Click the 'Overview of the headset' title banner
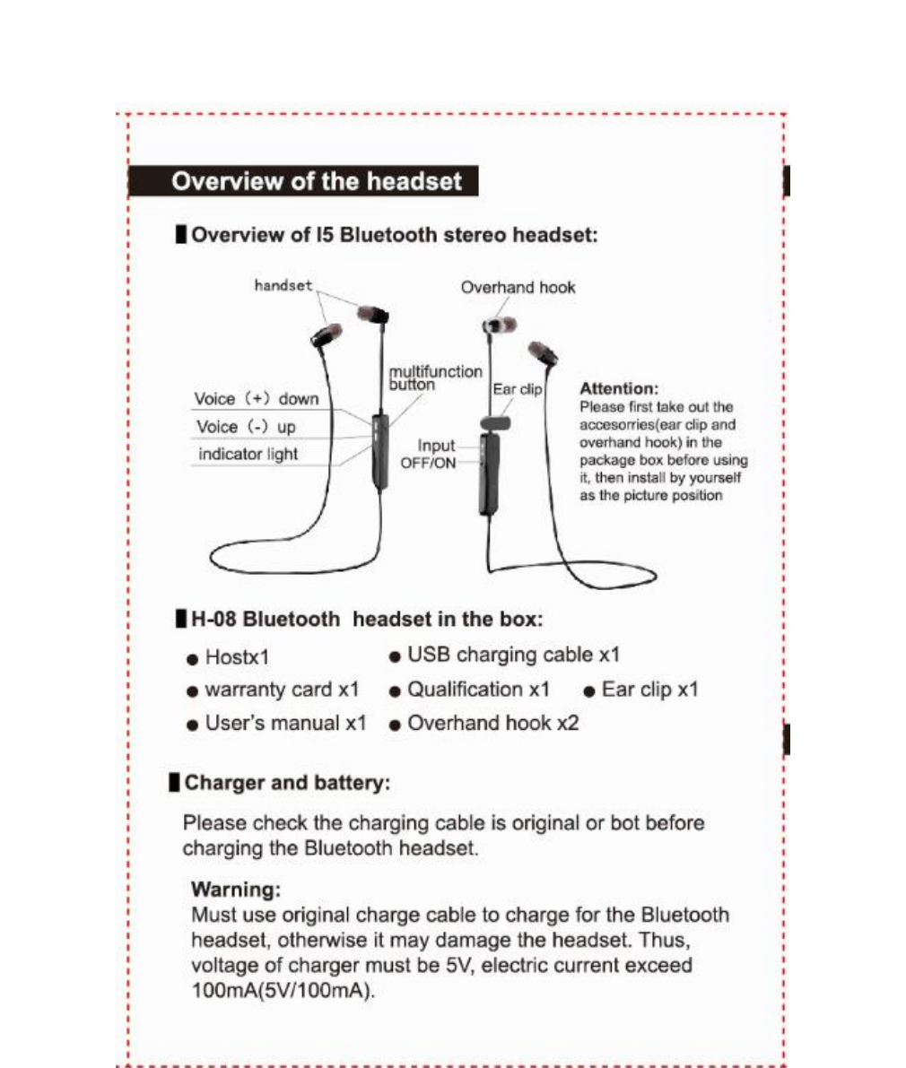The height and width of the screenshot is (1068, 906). [316, 181]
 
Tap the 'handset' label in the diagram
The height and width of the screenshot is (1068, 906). [283, 285]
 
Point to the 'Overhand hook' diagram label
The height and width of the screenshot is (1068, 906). [518, 287]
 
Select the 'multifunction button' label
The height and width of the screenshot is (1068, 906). [435, 378]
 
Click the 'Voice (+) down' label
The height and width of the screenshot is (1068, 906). [257, 398]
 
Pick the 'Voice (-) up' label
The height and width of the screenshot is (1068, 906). [245, 427]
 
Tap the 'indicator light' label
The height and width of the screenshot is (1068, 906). [248, 454]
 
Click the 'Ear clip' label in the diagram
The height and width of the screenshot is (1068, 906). [518, 390]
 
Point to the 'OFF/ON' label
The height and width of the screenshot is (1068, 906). [428, 463]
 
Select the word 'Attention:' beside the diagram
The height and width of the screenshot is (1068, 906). [619, 388]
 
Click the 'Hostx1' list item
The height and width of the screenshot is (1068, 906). [237, 657]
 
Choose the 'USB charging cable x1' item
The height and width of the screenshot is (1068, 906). [513, 655]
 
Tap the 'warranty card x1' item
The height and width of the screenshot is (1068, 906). [282, 690]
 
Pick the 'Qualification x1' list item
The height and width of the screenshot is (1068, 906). [478, 690]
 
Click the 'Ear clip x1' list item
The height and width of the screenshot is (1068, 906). [649, 690]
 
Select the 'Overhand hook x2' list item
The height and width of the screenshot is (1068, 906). [492, 723]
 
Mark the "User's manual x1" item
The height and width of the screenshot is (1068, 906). [285, 723]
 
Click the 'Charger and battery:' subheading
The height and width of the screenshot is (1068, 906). [287, 783]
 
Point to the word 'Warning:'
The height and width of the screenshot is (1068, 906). [236, 890]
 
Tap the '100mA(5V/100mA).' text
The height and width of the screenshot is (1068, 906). [283, 992]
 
